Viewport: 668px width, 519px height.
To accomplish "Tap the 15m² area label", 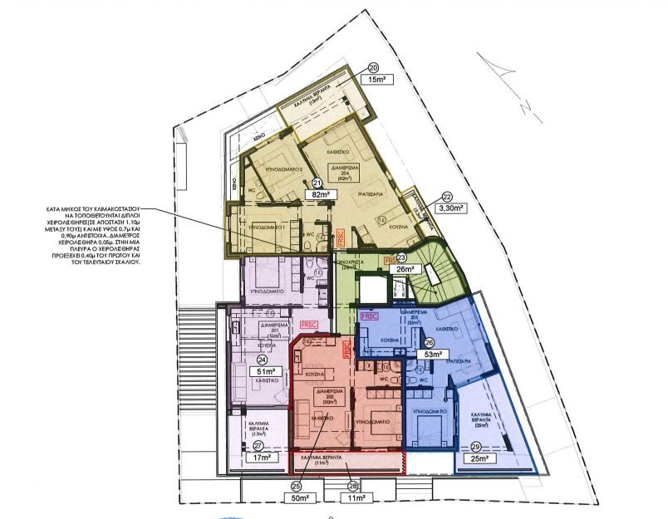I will coord(377,80).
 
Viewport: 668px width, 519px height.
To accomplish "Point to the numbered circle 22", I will coord(447,198).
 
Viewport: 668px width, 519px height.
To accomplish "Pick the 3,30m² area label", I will coord(449,211).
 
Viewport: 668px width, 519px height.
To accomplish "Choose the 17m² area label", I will coord(263,457).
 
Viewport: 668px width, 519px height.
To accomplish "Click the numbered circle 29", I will coord(474,447).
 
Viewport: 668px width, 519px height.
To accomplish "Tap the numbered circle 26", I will coord(429,342).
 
